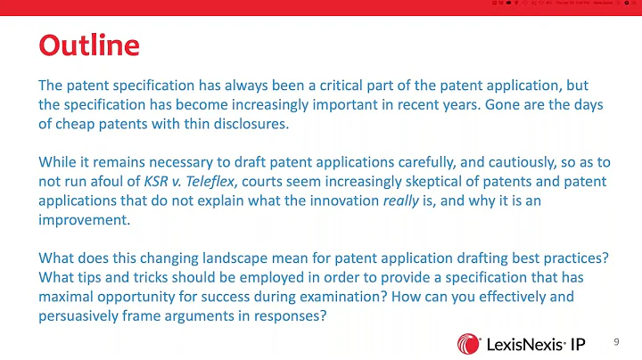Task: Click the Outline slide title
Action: [88, 45]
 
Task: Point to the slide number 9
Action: [616, 342]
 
